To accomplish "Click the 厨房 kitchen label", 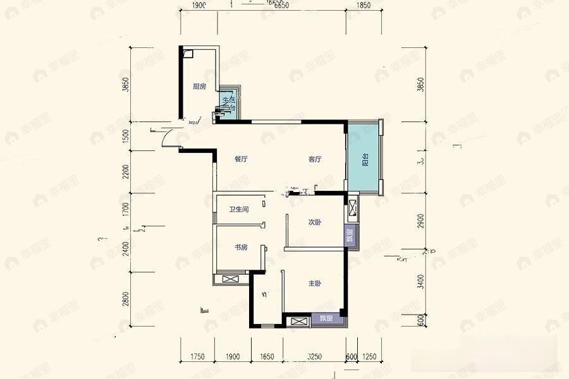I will pos(199,87).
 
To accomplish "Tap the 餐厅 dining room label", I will pos(240,160).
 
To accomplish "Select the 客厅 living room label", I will pos(315,160).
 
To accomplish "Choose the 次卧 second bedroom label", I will pos(315,222).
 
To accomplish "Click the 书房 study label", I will pos(240,248).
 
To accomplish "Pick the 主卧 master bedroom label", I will pos(315,284).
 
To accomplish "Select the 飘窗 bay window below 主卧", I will pos(326,318).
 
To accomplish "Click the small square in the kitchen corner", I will pos(188,54).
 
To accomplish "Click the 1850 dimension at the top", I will pos(363,6).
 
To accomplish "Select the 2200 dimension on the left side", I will pos(126,172).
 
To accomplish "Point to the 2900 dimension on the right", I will pos(422,221).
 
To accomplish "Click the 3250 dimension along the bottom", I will pos(314,357).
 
